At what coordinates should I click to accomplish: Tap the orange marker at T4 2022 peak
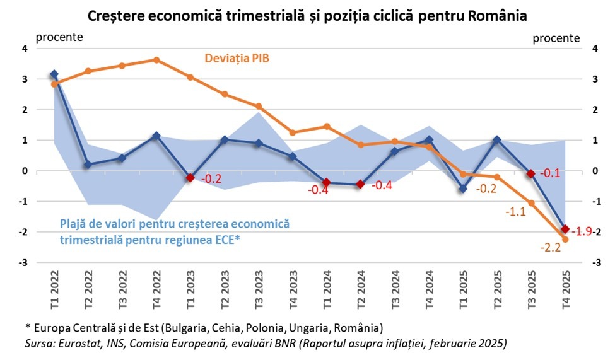(156, 60)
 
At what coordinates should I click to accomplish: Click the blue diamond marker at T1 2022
(54, 74)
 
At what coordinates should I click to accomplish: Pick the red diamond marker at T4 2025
(565, 229)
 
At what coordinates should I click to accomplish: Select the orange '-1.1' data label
(516, 212)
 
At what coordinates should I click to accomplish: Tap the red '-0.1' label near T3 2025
(553, 173)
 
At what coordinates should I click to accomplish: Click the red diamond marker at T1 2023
(190, 178)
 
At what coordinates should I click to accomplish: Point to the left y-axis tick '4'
(25, 49)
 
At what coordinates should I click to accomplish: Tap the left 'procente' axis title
(59, 37)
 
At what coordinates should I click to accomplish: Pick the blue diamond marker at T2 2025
(497, 140)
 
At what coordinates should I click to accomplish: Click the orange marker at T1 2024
(327, 127)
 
